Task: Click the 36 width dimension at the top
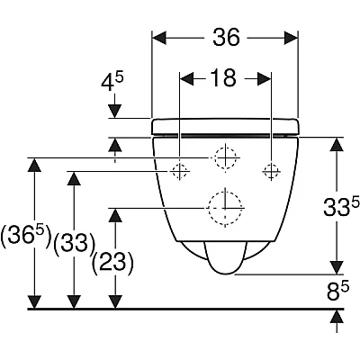(x=227, y=37)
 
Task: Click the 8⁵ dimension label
(x=337, y=292)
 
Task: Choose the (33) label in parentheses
(x=75, y=243)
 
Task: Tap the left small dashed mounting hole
(x=179, y=171)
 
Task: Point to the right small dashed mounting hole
(x=271, y=171)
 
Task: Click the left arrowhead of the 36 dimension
(x=159, y=38)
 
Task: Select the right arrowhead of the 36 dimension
(x=291, y=38)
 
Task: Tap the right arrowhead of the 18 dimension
(x=265, y=79)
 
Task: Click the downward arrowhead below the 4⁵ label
(x=114, y=111)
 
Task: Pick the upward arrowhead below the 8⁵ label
(x=337, y=316)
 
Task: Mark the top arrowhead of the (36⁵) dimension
(x=34, y=165)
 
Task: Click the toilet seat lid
(x=225, y=126)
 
